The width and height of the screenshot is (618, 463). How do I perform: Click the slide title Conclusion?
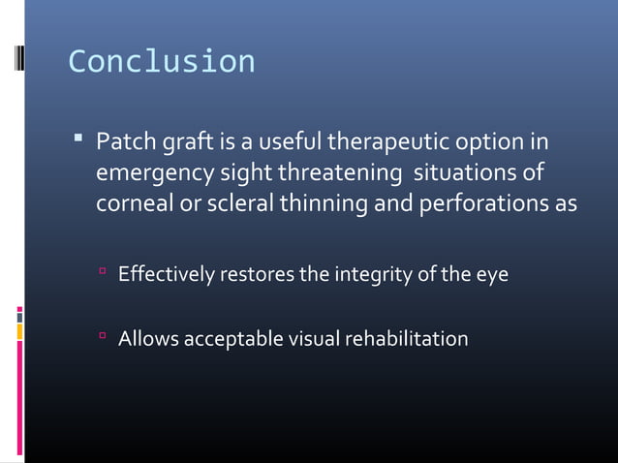pyautogui.click(x=161, y=61)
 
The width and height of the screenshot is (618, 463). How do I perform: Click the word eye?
pyautogui.click(x=490, y=276)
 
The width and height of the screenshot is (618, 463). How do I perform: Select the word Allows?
pyautogui.click(x=147, y=339)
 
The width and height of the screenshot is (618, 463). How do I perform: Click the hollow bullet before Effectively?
pyautogui.click(x=102, y=274)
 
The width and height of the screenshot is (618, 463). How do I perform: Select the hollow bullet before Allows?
pyautogui.click(x=102, y=337)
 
